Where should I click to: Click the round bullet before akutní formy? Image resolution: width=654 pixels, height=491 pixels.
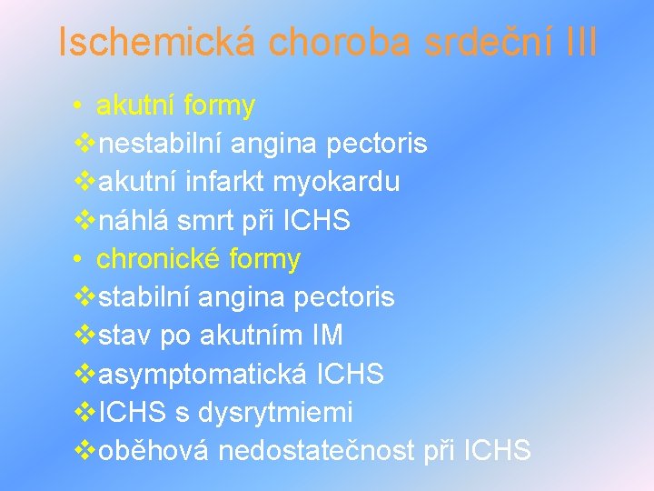click(x=80, y=106)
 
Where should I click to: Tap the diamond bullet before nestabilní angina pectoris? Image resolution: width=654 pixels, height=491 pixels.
click(x=84, y=144)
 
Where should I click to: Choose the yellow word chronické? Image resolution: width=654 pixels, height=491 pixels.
click(x=158, y=259)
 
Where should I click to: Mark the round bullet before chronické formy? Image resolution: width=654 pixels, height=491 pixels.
click(x=80, y=259)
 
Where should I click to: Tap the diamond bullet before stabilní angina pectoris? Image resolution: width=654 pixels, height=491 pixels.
click(x=84, y=297)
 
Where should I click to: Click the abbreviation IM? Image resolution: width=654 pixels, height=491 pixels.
click(x=325, y=336)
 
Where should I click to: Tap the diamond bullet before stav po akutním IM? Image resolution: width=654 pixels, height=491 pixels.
click(x=84, y=336)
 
